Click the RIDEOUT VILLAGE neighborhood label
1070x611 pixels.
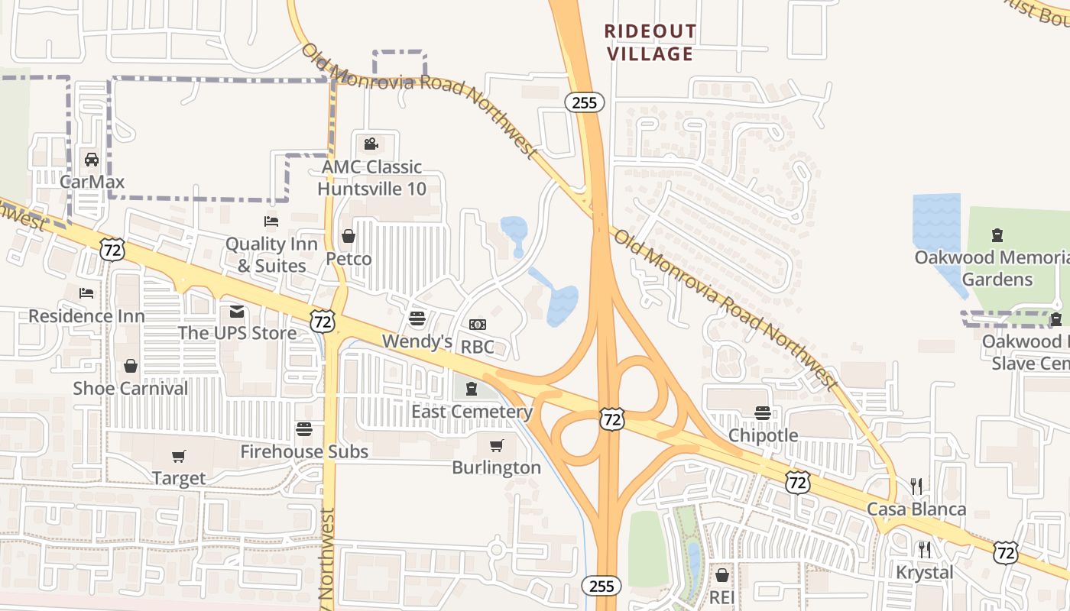650,43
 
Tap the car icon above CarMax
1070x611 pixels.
92,160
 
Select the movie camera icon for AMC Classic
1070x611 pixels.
371,144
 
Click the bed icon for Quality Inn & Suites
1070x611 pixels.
271,221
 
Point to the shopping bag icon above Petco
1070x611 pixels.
349,236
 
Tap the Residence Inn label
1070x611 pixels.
76,315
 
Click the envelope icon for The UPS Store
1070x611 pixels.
237,312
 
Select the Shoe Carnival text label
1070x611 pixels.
131,388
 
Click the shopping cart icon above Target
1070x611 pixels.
179,456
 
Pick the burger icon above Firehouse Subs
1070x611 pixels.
304,428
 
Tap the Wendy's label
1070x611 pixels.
417,341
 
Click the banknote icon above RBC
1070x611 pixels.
478,325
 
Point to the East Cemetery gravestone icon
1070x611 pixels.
472,389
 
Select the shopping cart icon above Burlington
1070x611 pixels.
497,445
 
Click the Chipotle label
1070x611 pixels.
763,435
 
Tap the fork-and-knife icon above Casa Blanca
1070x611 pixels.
917,486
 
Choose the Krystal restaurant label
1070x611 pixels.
925,572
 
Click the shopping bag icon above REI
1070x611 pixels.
722,574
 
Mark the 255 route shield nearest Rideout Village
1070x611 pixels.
585,102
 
